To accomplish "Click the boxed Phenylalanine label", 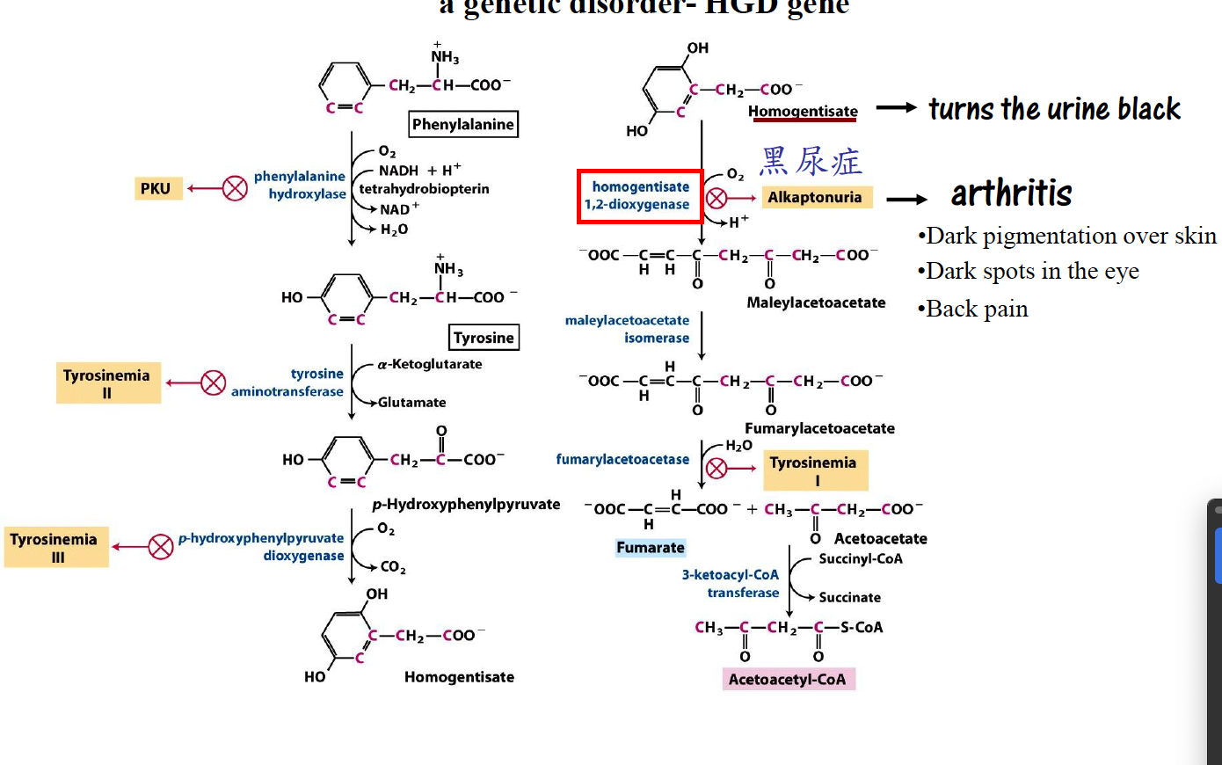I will pyautogui.click(x=463, y=124).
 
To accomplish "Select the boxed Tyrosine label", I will pyautogui.click(x=484, y=338).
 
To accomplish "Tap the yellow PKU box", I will pyautogui.click(x=156, y=188).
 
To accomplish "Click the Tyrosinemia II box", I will pyautogui.click(x=107, y=383).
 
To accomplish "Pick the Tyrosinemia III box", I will pyautogui.click(x=55, y=547).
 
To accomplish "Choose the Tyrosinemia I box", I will pyautogui.click(x=814, y=470).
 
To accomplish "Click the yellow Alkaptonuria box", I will pyautogui.click(x=815, y=197).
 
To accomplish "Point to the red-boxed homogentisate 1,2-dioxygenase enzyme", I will pyautogui.click(x=639, y=196).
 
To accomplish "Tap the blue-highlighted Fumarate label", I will pyautogui.click(x=651, y=548).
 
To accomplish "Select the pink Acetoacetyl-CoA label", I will pyautogui.click(x=788, y=679).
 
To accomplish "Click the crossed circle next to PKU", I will pyautogui.click(x=235, y=188).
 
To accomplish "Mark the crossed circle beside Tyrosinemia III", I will pyautogui.click(x=161, y=547).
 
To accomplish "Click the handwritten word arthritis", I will pyautogui.click(x=1012, y=193).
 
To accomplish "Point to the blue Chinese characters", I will pyautogui.click(x=811, y=162).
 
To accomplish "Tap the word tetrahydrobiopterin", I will pyautogui.click(x=424, y=189).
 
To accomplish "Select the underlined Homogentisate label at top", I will pyautogui.click(x=803, y=112).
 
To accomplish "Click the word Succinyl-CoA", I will pyautogui.click(x=861, y=559).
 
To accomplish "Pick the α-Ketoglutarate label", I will pyautogui.click(x=430, y=364).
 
